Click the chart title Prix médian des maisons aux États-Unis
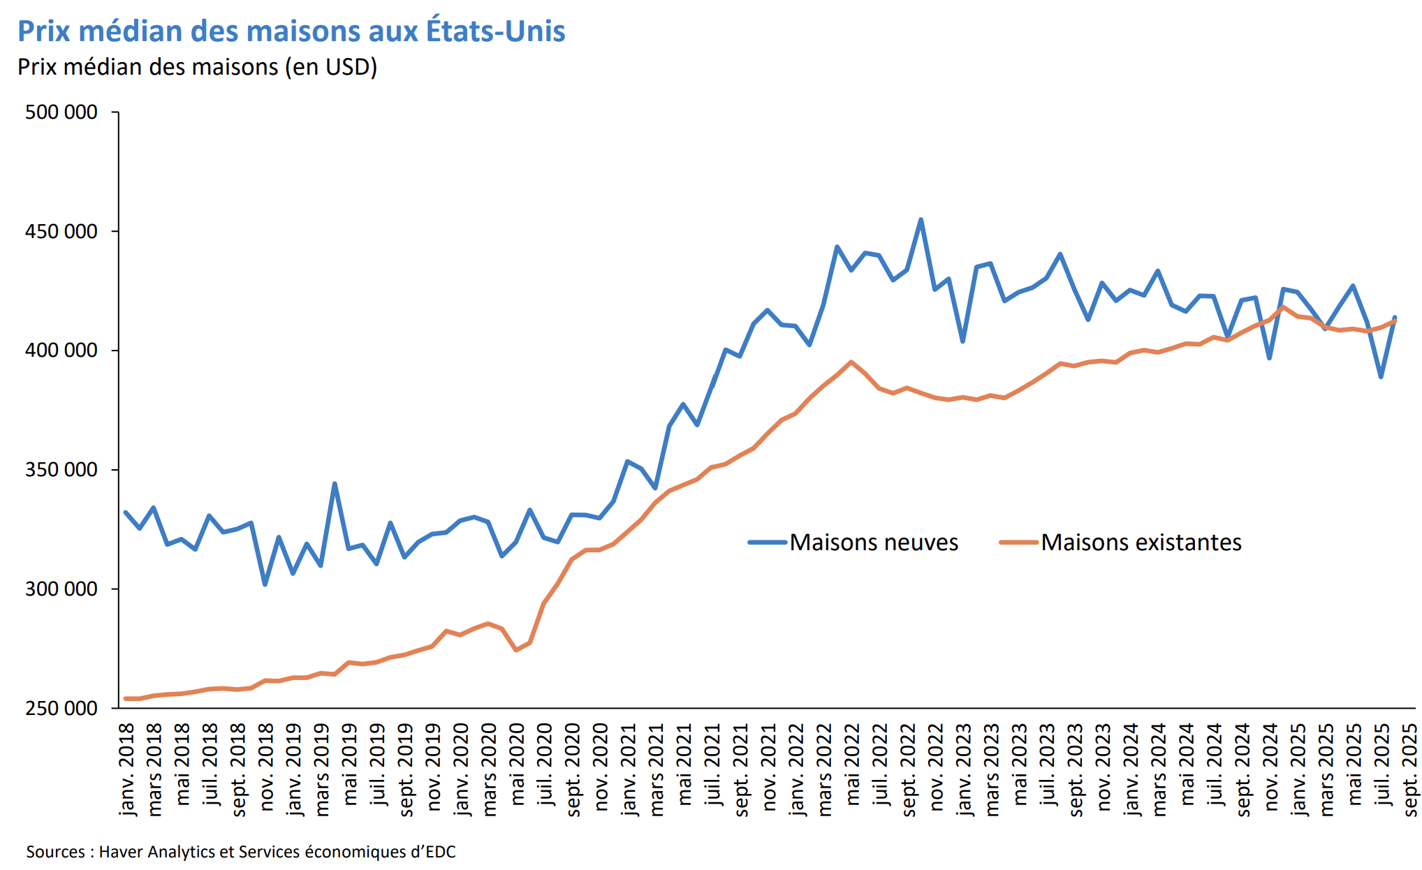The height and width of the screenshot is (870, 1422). tap(291, 31)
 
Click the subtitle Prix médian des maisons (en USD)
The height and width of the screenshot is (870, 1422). tap(197, 67)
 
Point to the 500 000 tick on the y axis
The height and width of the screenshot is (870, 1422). tap(61, 112)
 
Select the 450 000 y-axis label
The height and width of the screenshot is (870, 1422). tap(61, 231)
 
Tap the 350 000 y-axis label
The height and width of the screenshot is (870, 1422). tap(61, 470)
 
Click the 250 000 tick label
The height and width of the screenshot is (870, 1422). tap(61, 708)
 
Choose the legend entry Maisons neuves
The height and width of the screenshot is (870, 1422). tap(873, 543)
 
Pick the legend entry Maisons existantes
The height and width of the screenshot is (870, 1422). tap(1141, 543)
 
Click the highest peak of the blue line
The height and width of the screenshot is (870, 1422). tap(921, 220)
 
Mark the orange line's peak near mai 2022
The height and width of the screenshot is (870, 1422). tap(851, 362)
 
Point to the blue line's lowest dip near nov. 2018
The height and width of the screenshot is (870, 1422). tap(265, 584)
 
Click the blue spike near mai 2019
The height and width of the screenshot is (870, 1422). tap(335, 483)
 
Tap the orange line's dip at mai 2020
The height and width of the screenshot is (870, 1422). tap(515, 650)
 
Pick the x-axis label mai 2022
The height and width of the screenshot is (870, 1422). tap(852, 765)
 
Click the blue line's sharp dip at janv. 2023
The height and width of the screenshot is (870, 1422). tap(962, 341)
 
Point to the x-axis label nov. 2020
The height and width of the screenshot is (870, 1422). tap(601, 767)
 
